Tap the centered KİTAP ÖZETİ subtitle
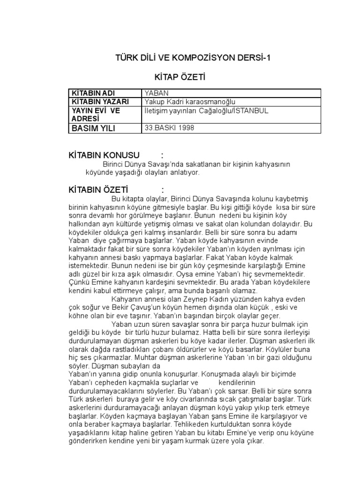(180, 77)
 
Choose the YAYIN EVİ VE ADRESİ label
(95, 114)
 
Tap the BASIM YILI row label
(93, 128)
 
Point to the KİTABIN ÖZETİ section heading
(99, 190)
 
